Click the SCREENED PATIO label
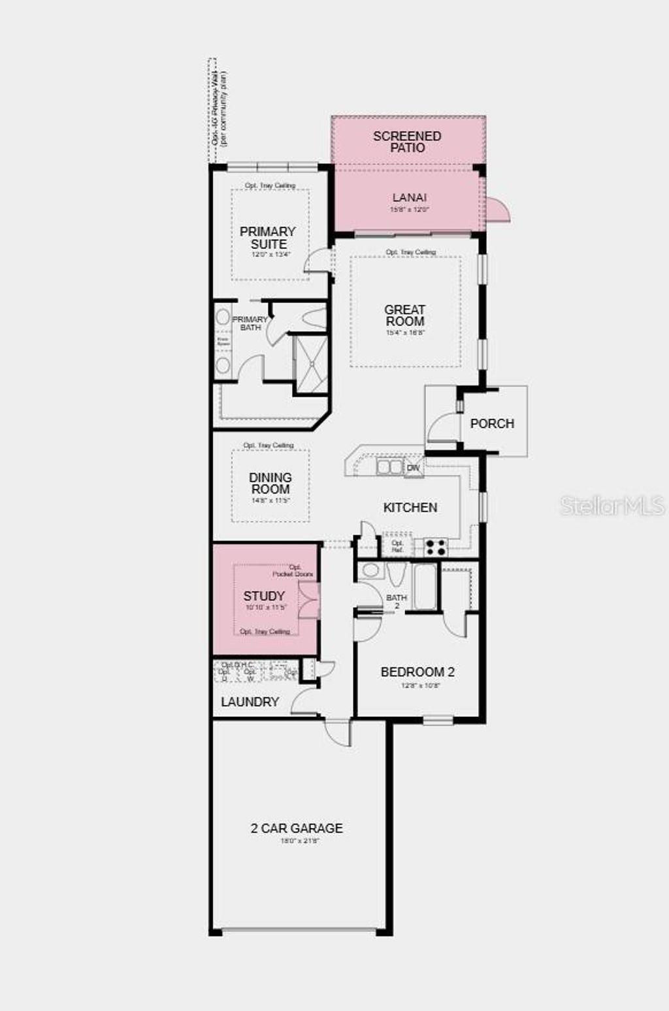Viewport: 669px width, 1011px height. click(x=407, y=142)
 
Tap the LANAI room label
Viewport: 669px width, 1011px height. click(x=410, y=197)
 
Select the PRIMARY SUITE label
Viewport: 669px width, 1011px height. click(x=268, y=237)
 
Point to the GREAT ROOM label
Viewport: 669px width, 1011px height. click(x=405, y=315)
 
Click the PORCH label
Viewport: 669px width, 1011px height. click(x=492, y=423)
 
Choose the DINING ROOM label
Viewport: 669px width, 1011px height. click(x=270, y=483)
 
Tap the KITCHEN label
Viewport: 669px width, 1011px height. click(x=410, y=507)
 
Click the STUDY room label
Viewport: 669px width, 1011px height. click(x=264, y=596)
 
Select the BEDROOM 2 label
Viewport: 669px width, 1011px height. click(x=417, y=672)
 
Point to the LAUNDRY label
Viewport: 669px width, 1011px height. click(x=250, y=702)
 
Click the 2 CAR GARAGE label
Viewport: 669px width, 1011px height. click(x=297, y=828)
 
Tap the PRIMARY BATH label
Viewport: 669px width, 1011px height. click(x=250, y=323)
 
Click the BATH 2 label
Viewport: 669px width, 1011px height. click(x=397, y=601)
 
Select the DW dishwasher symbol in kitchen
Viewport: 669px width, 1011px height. click(x=414, y=468)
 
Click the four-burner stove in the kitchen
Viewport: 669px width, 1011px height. click(x=436, y=547)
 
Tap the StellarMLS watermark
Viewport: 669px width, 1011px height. click(x=612, y=505)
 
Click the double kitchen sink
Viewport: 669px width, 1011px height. click(x=390, y=467)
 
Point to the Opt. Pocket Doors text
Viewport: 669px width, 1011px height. click(x=293, y=571)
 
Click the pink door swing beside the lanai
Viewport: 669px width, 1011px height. click(x=498, y=210)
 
